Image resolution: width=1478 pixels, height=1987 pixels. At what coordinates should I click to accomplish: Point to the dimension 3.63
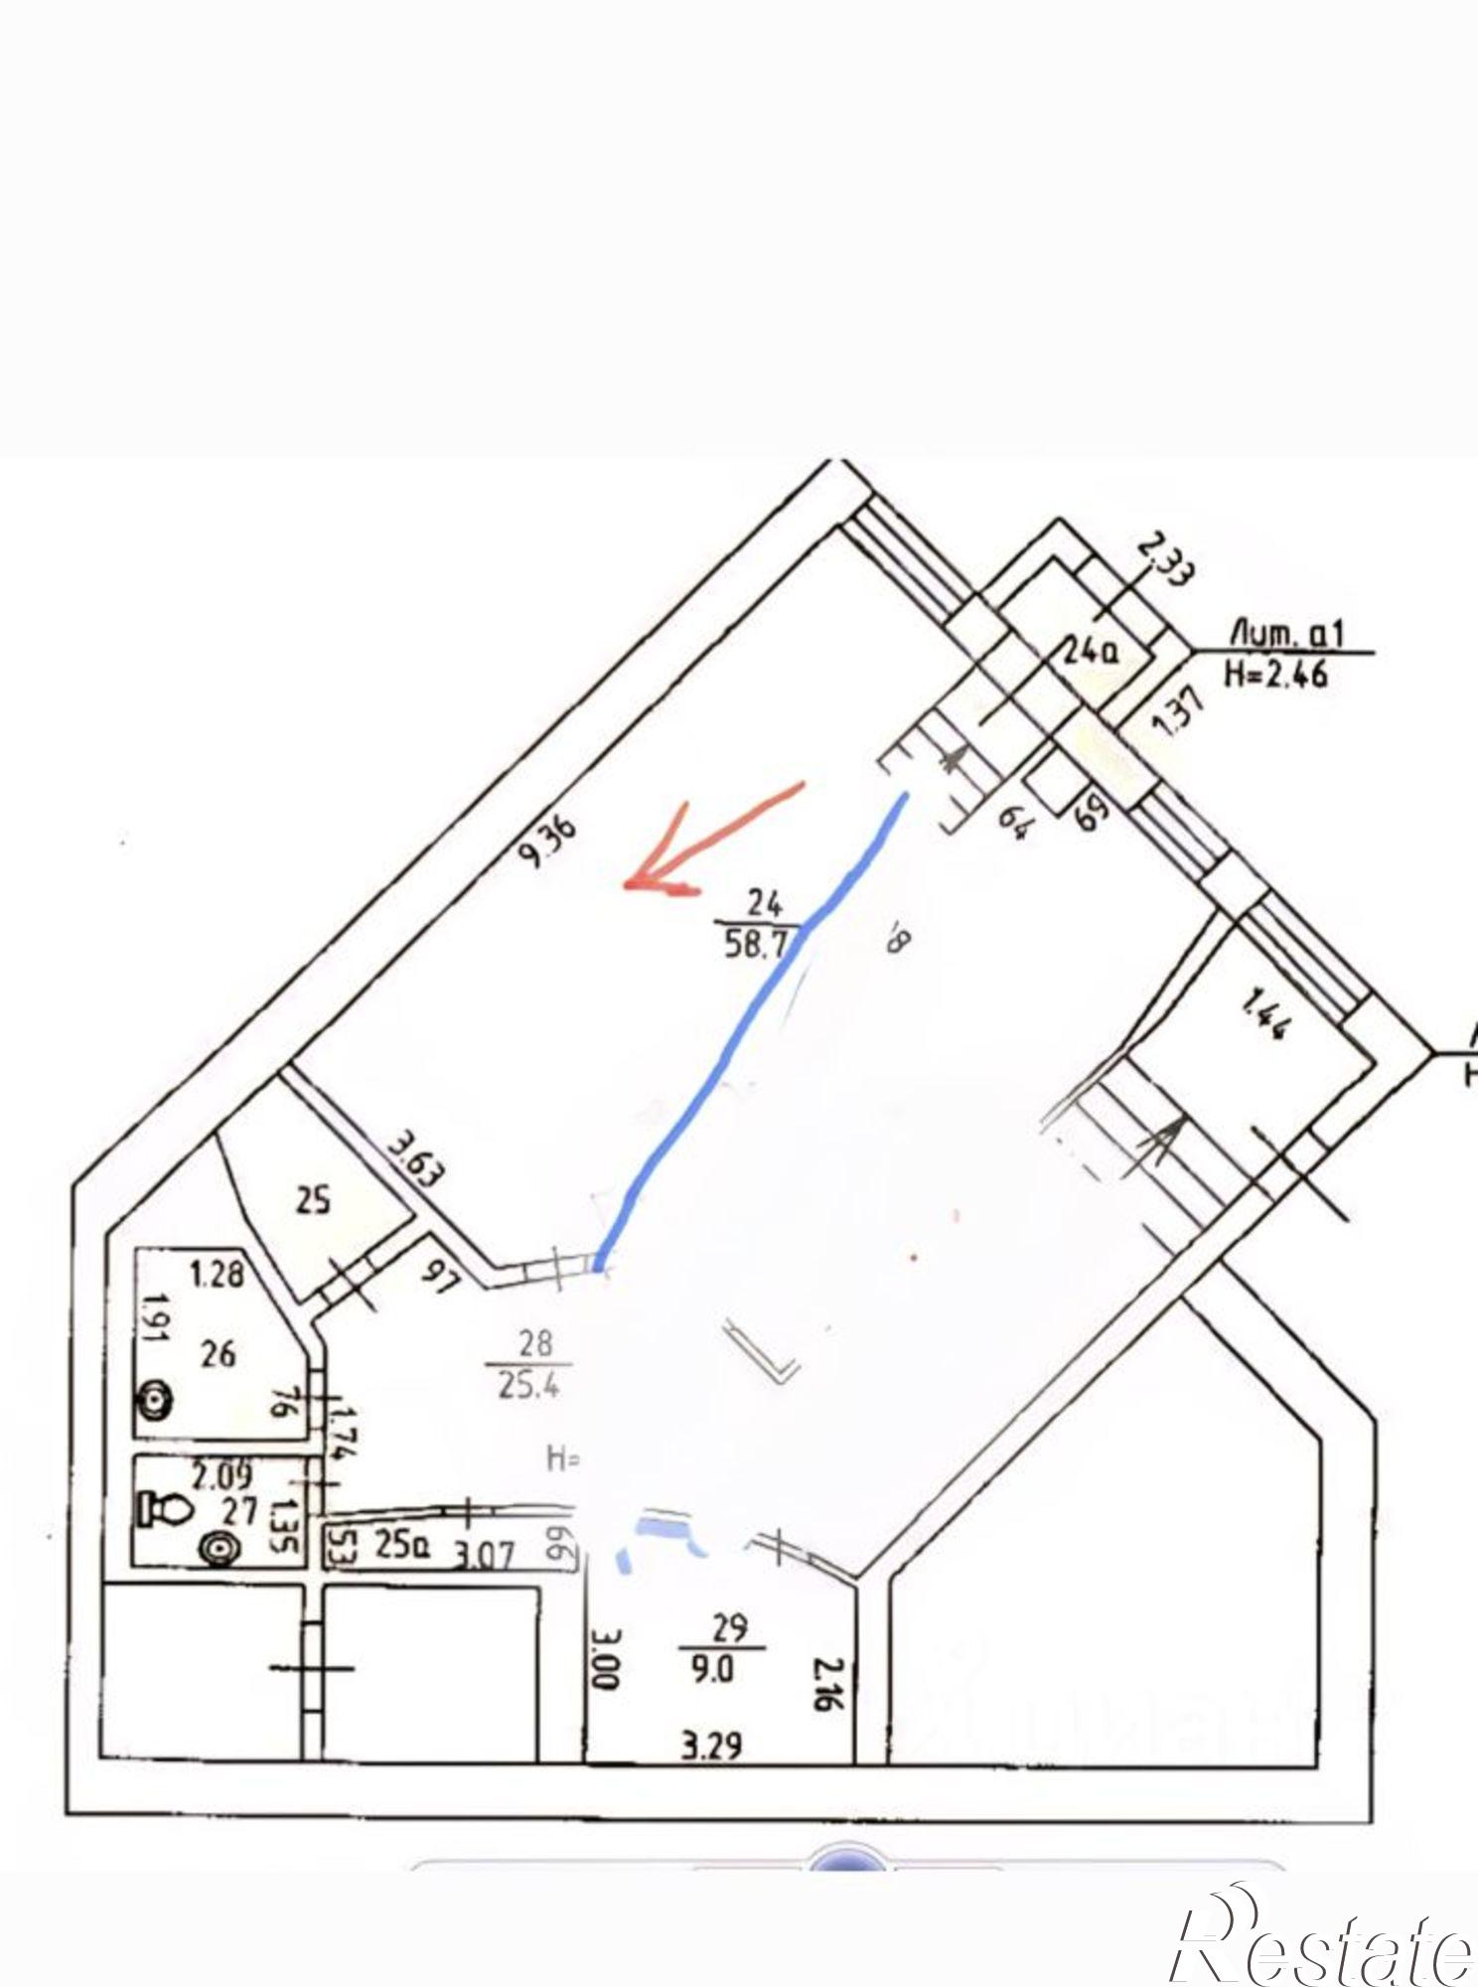tap(415, 1159)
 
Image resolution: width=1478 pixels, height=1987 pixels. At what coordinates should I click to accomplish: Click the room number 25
tap(314, 1202)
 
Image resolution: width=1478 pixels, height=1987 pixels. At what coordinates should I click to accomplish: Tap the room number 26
tap(218, 1352)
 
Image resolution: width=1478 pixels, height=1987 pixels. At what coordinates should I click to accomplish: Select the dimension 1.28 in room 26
tap(217, 1273)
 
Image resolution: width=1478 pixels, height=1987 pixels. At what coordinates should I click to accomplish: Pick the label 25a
tap(393, 1547)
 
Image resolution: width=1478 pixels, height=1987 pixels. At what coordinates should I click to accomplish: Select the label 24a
tap(1091, 652)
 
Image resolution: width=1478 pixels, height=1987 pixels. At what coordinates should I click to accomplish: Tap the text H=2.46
tap(1277, 676)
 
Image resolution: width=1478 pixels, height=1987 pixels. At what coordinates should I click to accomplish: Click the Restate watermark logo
tap(1321, 1937)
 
